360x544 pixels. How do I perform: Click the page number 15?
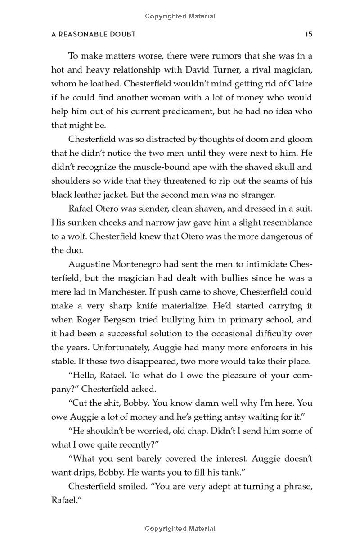tap(308, 34)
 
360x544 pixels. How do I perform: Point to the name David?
tap(200, 70)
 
